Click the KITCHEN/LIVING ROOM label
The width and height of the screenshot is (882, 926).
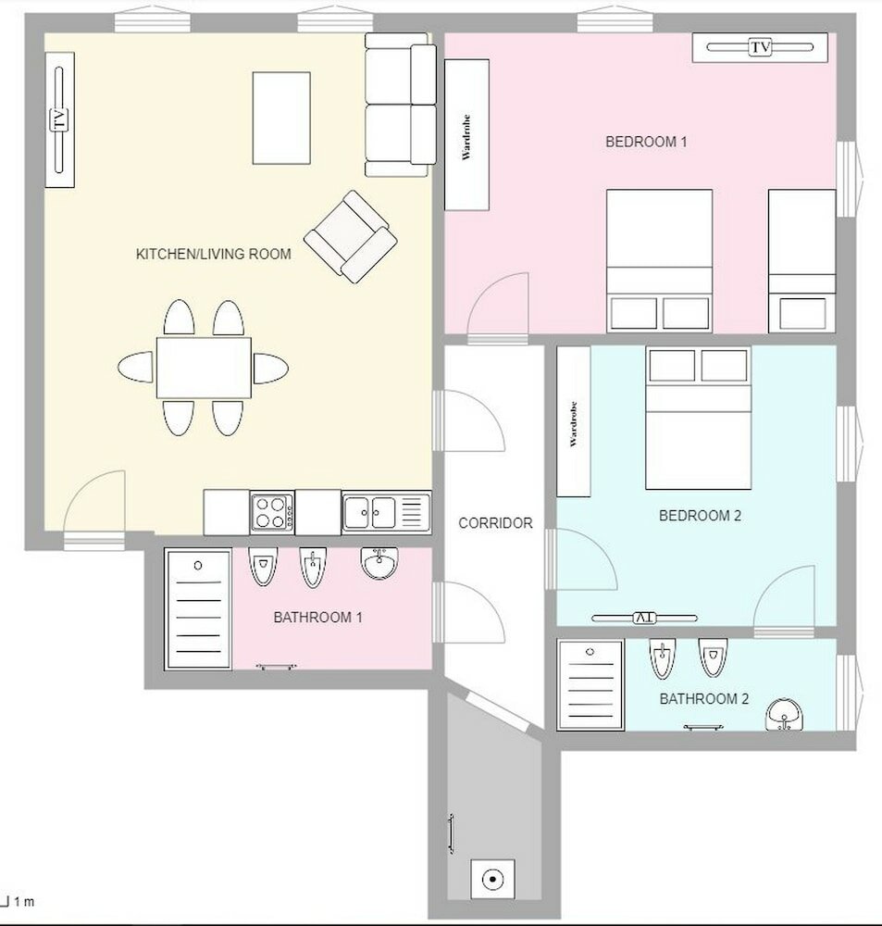pyautogui.click(x=214, y=254)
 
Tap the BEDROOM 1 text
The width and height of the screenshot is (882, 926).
pyautogui.click(x=646, y=142)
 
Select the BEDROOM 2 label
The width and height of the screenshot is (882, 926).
pyautogui.click(x=700, y=516)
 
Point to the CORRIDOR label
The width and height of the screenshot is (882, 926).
pyautogui.click(x=495, y=523)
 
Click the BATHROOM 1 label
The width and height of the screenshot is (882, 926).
pyautogui.click(x=317, y=617)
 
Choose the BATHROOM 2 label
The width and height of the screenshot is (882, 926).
pyautogui.click(x=703, y=699)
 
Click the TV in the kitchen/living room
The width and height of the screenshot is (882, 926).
pyautogui.click(x=59, y=119)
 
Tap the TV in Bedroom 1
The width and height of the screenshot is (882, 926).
pyautogui.click(x=760, y=47)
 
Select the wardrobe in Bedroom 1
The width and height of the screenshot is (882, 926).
pyautogui.click(x=467, y=134)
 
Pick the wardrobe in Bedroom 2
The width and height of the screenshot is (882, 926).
pyautogui.click(x=574, y=422)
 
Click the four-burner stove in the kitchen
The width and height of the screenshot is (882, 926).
pyautogui.click(x=272, y=512)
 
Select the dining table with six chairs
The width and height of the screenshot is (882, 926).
pyautogui.click(x=204, y=368)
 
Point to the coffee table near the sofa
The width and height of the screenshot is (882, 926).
pyautogui.click(x=281, y=118)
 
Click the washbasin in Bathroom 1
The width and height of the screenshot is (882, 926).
pyautogui.click(x=379, y=562)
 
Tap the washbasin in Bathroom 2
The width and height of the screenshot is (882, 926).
pyautogui.click(x=785, y=715)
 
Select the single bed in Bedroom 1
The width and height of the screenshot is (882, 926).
pyautogui.click(x=801, y=261)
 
